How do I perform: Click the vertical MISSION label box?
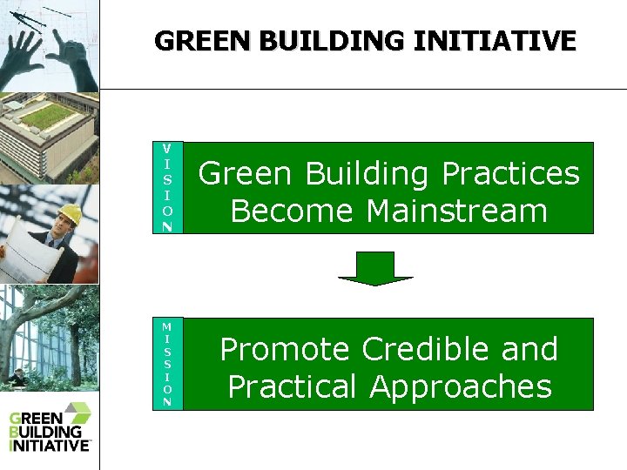(166, 364)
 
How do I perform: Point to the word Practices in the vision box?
(510, 174)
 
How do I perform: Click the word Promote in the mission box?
(284, 349)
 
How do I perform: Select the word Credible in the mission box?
(424, 349)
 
